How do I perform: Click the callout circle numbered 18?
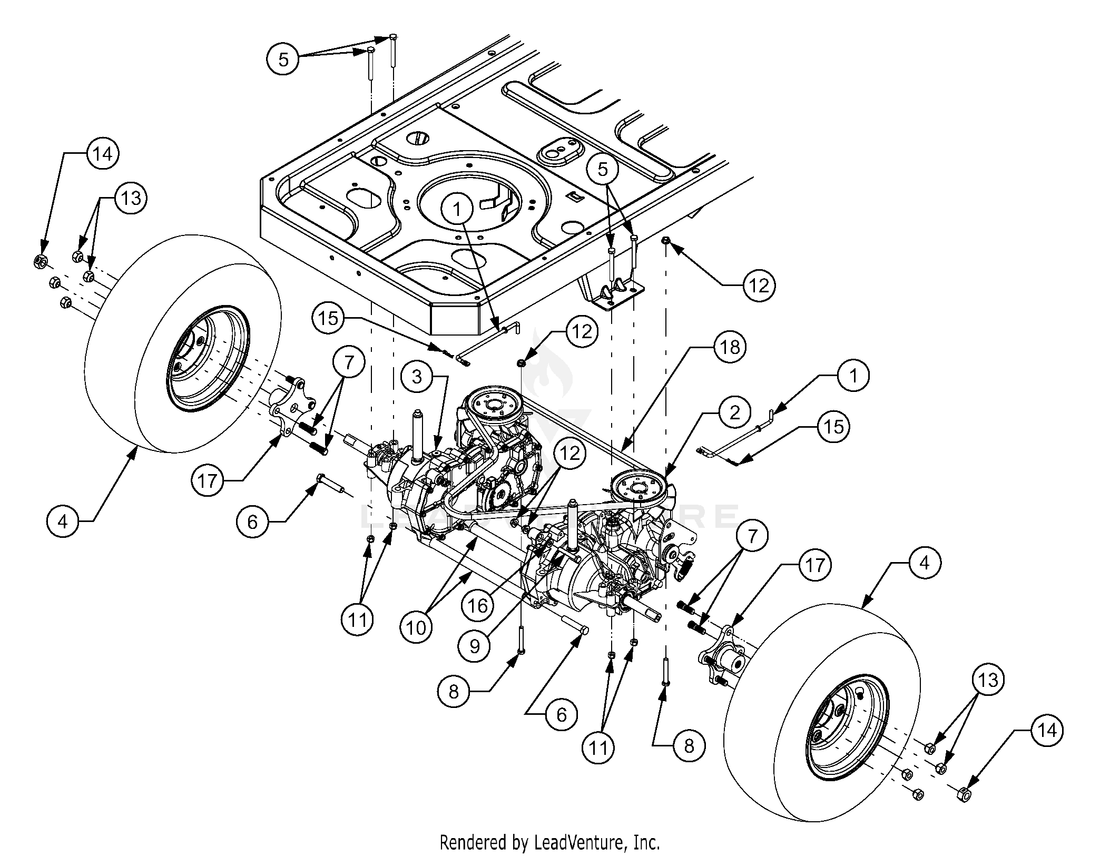[x=730, y=347]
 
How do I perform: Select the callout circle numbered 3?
[x=417, y=377]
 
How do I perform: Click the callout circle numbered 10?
[x=416, y=628]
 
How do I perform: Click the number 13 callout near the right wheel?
[x=988, y=681]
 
